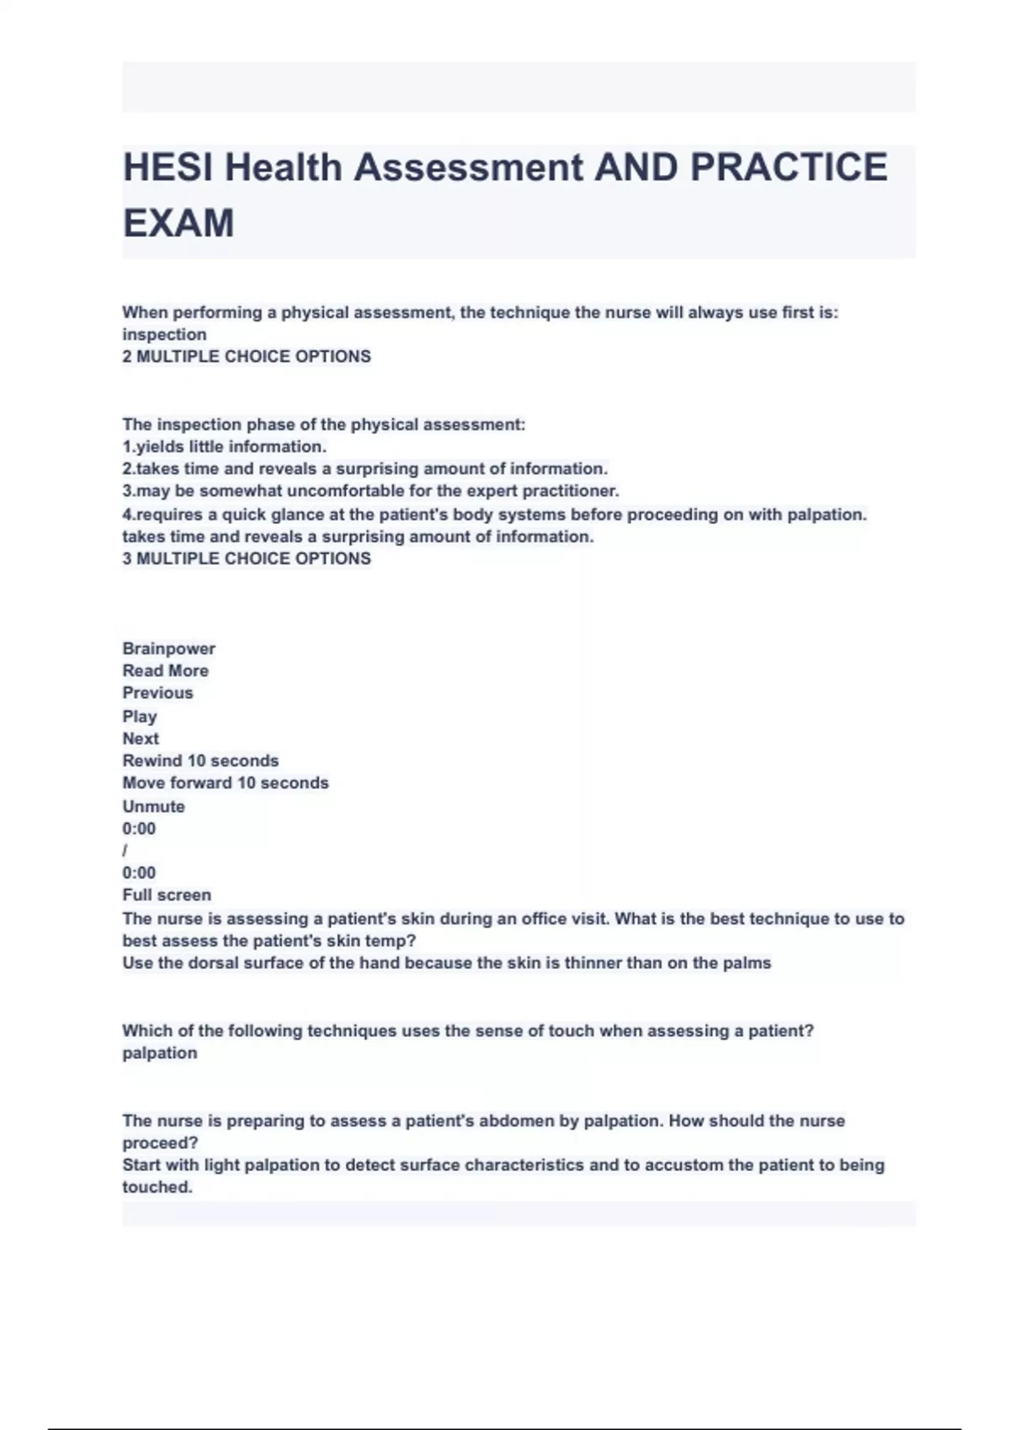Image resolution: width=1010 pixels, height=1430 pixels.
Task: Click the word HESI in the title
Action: click(x=167, y=167)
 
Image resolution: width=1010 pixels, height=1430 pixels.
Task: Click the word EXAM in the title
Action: click(x=178, y=224)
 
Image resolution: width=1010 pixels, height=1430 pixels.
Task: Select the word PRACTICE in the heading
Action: click(x=789, y=167)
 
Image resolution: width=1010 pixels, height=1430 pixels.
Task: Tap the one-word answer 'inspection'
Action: click(x=164, y=335)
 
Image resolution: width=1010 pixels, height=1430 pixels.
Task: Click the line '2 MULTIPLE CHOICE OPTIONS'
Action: click(x=247, y=357)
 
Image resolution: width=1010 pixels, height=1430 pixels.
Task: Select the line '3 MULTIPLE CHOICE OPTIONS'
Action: click(x=247, y=559)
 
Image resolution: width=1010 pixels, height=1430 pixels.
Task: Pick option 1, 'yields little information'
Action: click(x=224, y=447)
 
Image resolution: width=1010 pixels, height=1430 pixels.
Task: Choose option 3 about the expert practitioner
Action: click(x=370, y=491)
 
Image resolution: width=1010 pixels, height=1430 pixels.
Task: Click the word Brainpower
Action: click(x=168, y=649)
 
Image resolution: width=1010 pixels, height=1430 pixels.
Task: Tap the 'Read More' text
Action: click(x=165, y=671)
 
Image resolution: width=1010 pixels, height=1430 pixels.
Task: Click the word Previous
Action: click(x=157, y=693)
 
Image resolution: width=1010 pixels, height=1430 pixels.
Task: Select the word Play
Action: click(x=140, y=717)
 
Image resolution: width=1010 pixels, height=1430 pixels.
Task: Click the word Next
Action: click(x=141, y=739)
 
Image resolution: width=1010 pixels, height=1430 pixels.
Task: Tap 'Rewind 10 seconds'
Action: click(x=200, y=760)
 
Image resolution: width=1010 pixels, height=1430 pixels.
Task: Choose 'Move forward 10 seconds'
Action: click(x=226, y=783)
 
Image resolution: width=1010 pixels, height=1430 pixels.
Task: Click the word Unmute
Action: click(x=153, y=806)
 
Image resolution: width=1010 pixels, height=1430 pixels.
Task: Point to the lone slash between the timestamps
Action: click(x=125, y=850)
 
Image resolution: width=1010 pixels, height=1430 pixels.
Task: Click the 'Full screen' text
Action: click(x=167, y=895)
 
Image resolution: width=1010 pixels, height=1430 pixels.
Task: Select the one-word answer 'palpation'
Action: click(x=160, y=1053)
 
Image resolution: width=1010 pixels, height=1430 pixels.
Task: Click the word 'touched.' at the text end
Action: click(x=157, y=1188)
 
